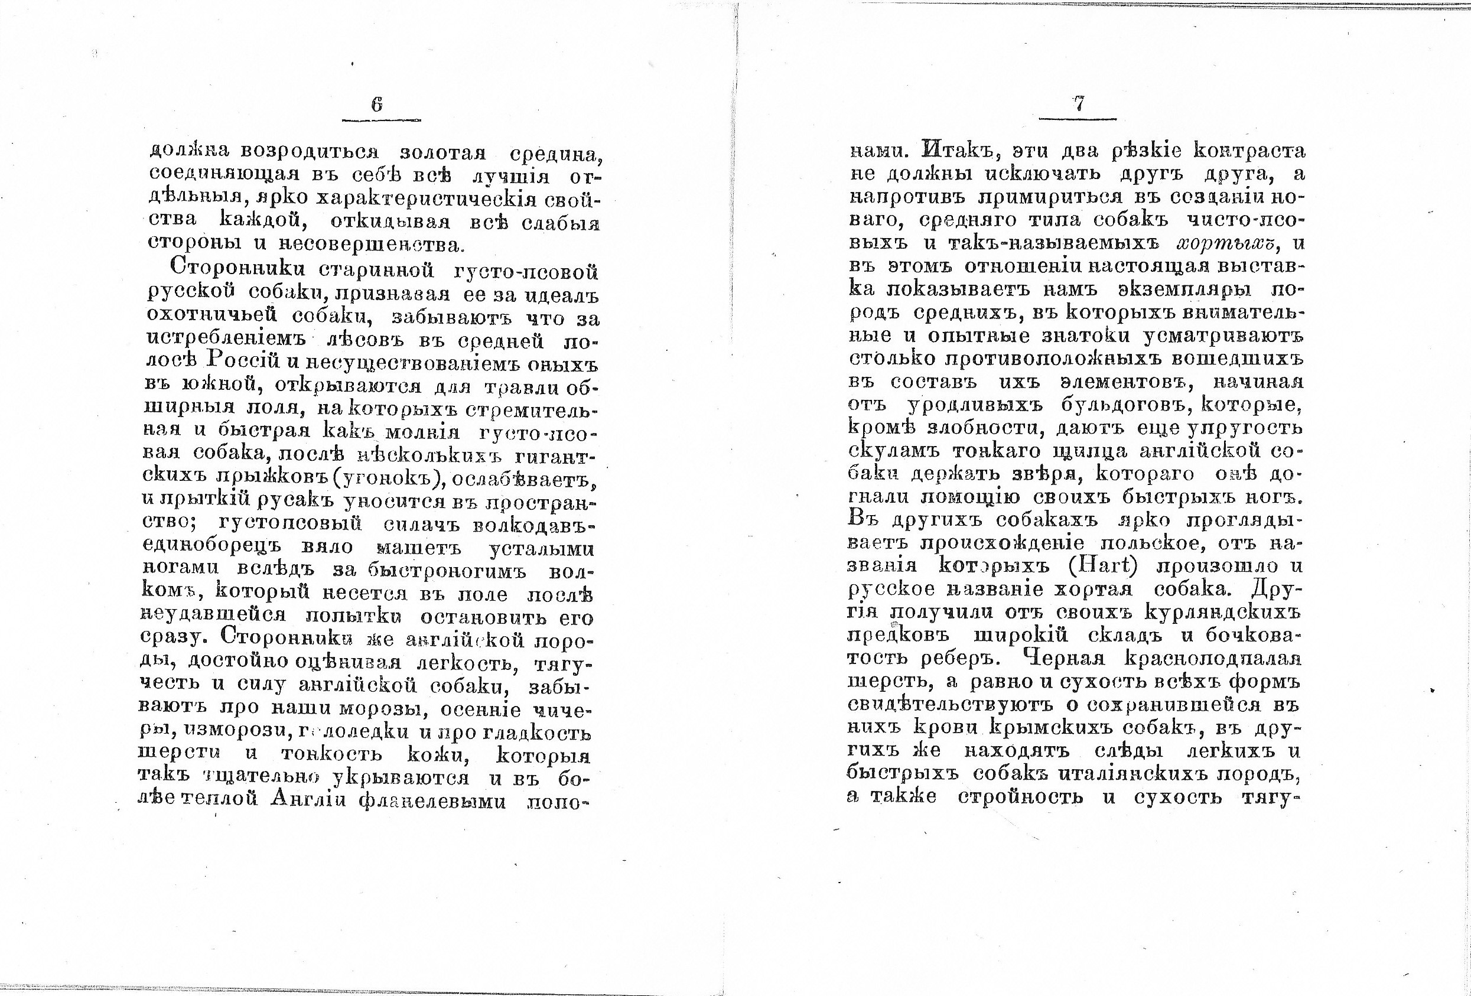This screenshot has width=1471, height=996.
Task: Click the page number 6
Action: [x=377, y=105]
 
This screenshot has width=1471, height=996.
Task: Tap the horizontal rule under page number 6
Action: [x=381, y=119]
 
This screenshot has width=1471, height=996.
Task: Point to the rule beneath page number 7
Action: [x=1078, y=118]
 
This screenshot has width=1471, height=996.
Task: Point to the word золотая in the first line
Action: [x=443, y=152]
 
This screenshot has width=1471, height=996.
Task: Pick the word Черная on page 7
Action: [x=1064, y=659]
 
